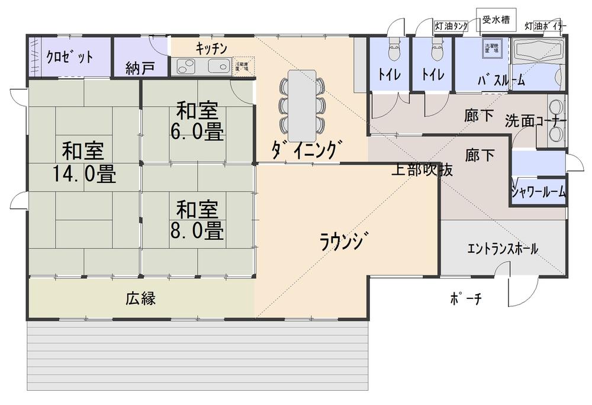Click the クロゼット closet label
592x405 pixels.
point(69,57)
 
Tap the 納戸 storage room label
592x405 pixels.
point(140,68)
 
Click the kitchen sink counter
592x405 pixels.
point(203,66)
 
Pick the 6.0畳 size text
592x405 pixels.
point(197,132)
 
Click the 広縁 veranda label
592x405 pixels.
point(140,298)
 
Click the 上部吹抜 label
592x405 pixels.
point(422,171)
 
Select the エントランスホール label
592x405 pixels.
point(503,249)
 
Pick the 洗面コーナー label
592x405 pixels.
point(535,121)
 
